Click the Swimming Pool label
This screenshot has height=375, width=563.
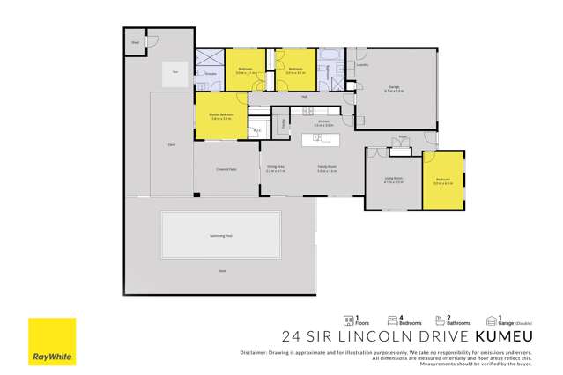[221, 236]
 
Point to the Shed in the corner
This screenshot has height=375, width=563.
[137, 42]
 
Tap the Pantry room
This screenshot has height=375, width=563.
[282, 124]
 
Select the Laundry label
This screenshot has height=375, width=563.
[363, 64]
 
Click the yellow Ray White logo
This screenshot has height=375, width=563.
[50, 342]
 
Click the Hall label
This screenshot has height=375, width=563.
[304, 96]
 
